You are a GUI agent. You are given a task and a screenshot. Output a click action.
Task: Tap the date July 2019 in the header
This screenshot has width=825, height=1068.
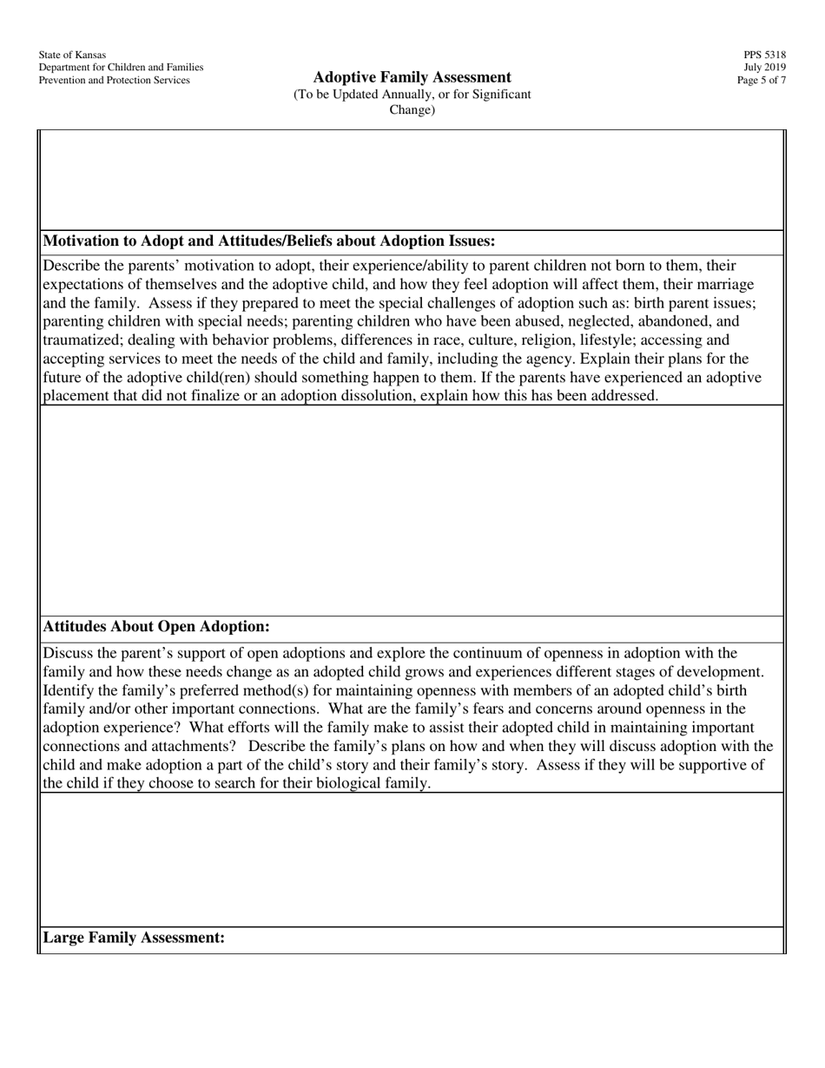click(x=764, y=68)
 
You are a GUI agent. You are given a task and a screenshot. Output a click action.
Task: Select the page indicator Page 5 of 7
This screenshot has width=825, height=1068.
click(x=762, y=81)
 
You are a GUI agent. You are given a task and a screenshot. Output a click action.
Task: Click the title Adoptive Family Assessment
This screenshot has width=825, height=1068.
click(x=412, y=77)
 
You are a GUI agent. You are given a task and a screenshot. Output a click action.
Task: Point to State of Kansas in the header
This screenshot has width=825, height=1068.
click(x=72, y=55)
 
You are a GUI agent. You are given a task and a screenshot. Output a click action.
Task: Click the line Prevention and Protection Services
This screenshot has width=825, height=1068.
click(x=114, y=81)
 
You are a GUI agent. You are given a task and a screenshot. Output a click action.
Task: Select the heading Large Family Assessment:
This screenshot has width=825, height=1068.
click(x=134, y=939)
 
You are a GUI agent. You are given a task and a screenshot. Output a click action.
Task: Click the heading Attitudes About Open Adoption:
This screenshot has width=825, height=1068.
click(x=156, y=627)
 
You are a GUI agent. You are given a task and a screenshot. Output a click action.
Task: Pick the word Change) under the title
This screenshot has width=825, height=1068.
click(x=412, y=109)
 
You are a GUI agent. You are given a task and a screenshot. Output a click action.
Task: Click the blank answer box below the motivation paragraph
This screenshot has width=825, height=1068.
click(x=412, y=511)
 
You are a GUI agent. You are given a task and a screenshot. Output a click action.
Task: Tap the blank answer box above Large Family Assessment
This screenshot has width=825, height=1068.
click(x=412, y=860)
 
